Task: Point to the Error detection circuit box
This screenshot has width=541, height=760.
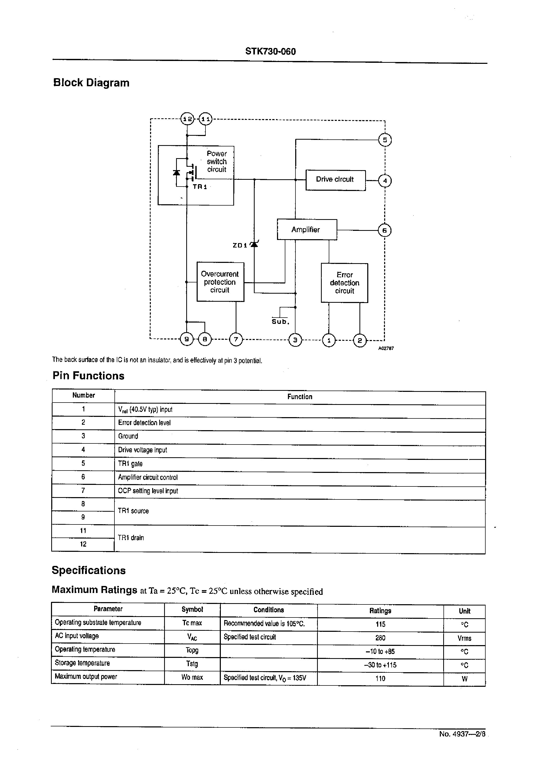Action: [344, 283]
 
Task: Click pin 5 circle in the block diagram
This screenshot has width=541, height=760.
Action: [385, 140]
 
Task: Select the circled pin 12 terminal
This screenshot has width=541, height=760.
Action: [187, 119]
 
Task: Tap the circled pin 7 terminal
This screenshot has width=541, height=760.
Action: [236, 340]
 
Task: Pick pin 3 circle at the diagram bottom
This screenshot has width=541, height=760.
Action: [295, 340]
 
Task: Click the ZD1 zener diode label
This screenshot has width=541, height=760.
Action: [240, 245]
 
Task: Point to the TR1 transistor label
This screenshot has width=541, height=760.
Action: [200, 187]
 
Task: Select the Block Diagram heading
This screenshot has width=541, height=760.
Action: [91, 83]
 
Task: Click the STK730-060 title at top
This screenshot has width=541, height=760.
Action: [270, 51]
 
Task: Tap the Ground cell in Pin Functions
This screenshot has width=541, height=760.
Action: [128, 436]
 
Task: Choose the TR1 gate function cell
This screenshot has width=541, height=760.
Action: [130, 464]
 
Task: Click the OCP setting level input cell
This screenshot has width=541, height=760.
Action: [148, 491]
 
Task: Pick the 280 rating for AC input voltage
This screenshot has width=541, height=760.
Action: [380, 638]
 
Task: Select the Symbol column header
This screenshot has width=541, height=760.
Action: [192, 609]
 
